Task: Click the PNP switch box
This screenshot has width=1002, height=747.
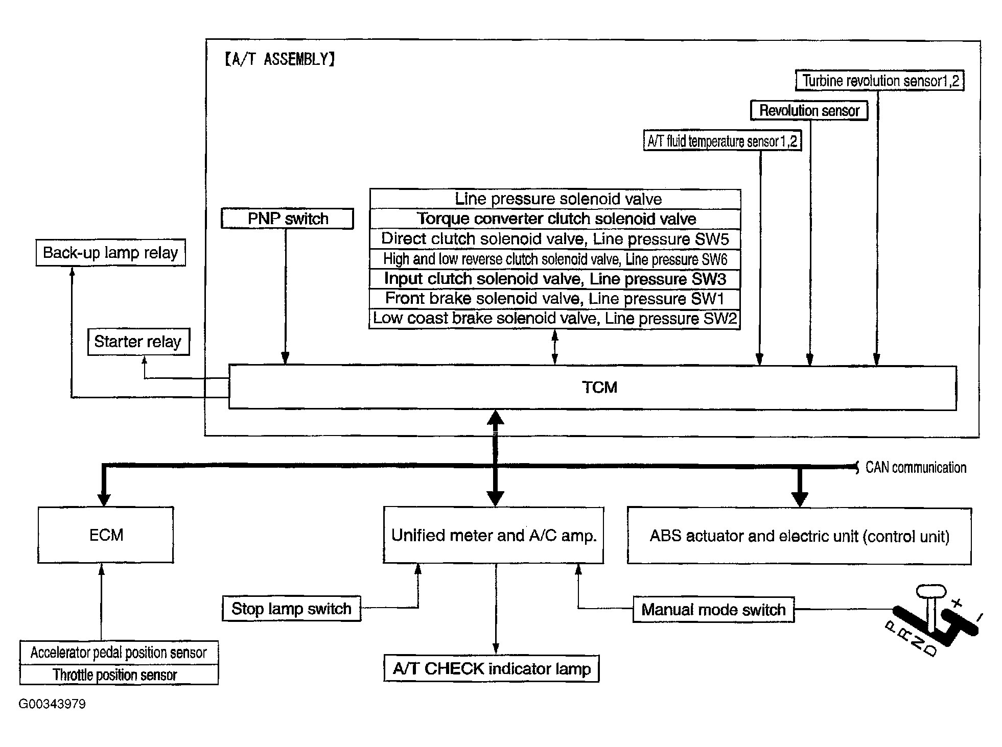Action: tap(287, 219)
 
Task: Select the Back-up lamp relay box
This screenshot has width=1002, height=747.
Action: tap(110, 253)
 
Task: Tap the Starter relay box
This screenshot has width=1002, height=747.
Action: tap(138, 342)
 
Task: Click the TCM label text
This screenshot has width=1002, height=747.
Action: tap(599, 388)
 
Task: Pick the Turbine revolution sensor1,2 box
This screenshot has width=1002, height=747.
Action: tap(880, 81)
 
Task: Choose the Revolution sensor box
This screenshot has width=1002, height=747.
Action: tap(809, 110)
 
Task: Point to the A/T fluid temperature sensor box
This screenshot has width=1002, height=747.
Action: tap(722, 141)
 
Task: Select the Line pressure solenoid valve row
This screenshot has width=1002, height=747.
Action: tap(555, 199)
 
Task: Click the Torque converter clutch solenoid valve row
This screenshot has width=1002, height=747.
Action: tap(555, 219)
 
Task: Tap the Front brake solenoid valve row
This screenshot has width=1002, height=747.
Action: tap(555, 298)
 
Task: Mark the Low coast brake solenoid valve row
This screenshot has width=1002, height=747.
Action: tap(555, 319)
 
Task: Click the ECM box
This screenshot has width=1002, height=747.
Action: tap(106, 535)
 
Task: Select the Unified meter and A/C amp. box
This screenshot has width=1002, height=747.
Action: tap(494, 535)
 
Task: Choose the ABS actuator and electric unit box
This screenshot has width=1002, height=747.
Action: tap(799, 536)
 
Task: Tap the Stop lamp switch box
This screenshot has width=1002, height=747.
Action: tap(291, 609)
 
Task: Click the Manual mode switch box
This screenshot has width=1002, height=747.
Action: tap(713, 610)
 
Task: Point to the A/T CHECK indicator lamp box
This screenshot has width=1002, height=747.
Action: tap(492, 669)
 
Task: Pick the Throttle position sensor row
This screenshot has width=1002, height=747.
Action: tap(119, 674)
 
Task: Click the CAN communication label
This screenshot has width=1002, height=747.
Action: tap(915, 468)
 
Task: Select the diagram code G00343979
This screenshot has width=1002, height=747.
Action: tap(52, 704)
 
